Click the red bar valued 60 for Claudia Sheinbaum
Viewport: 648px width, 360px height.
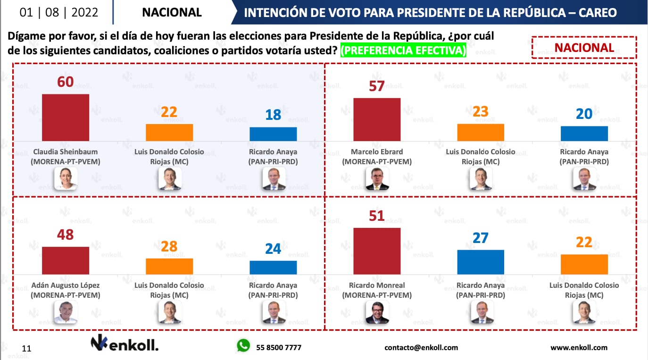(x=66, y=117)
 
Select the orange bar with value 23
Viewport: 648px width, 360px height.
(x=481, y=133)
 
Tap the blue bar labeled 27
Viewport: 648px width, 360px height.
(x=481, y=262)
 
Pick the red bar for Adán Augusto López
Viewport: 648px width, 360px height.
(x=66, y=260)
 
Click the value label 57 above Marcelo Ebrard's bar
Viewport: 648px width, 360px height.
(x=377, y=86)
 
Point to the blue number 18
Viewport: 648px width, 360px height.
(x=273, y=115)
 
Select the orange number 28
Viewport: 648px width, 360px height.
(x=169, y=246)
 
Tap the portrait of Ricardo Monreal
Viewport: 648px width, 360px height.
(x=377, y=312)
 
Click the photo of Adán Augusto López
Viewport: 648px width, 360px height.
(x=66, y=312)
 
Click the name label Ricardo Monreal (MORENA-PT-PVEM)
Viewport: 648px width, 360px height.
(x=377, y=290)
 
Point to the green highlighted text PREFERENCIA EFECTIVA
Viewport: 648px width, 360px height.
(x=403, y=50)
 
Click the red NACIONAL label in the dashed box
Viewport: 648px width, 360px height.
(x=584, y=48)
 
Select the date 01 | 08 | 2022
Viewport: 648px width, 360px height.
(x=59, y=12)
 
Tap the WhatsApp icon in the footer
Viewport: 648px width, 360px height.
(x=243, y=346)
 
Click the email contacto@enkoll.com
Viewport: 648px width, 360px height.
(x=421, y=348)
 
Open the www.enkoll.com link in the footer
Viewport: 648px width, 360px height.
(x=579, y=348)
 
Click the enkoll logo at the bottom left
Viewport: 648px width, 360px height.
(x=125, y=344)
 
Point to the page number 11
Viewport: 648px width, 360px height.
(x=26, y=349)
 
